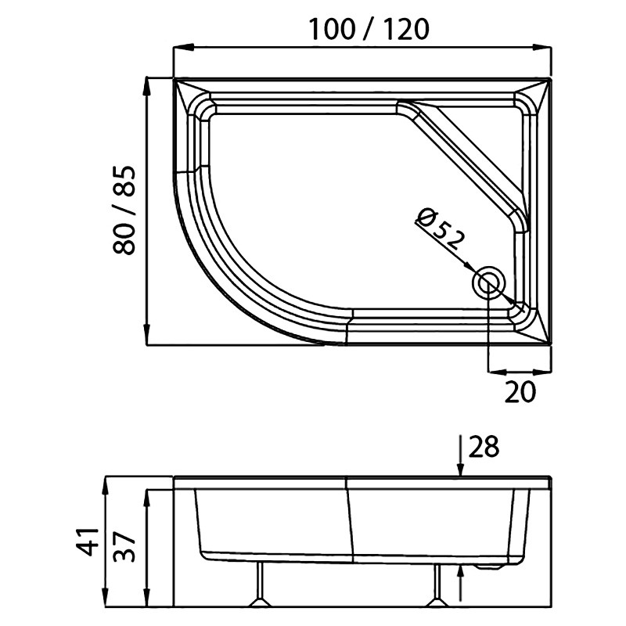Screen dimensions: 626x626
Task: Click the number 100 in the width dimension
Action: (x=332, y=29)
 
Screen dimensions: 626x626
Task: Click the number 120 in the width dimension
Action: (x=407, y=29)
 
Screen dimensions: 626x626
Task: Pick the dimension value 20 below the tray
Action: (x=520, y=392)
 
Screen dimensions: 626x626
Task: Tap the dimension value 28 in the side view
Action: (x=484, y=446)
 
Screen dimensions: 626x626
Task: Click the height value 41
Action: (x=88, y=541)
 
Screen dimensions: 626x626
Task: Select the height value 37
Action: (x=124, y=546)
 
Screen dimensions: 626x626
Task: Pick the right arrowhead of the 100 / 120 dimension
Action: (x=541, y=48)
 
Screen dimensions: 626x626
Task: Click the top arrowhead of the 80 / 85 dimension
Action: (x=147, y=86)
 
